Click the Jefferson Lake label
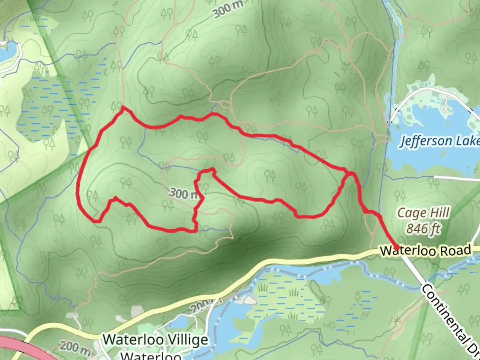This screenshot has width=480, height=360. click(439, 141)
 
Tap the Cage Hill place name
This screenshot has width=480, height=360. click(423, 213)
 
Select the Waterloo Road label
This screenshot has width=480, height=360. click(426, 250)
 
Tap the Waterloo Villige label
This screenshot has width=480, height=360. click(155, 340)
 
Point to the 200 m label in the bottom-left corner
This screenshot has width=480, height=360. click(75, 348)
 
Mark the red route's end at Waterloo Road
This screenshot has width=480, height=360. click(397, 247)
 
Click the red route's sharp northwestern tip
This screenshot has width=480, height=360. click(123, 107)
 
